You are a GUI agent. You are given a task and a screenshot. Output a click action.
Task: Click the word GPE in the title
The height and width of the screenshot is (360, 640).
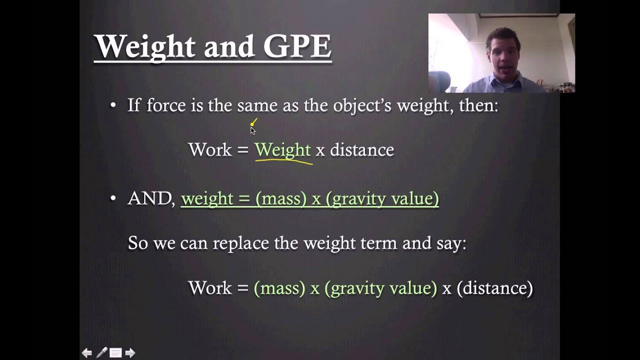point(297,46)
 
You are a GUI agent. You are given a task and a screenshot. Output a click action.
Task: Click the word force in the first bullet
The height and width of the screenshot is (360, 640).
point(166,105)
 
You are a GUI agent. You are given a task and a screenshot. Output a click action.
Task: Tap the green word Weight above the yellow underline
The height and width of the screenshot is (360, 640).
point(282,149)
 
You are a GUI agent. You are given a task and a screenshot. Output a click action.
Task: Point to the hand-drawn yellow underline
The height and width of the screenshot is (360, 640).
point(283,161)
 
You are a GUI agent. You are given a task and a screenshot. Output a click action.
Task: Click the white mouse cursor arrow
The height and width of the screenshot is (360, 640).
point(252,130)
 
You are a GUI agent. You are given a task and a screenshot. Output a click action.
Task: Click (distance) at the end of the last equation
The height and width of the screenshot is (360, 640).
point(494,288)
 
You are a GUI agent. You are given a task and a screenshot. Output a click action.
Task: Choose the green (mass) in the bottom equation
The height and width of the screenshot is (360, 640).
point(279,288)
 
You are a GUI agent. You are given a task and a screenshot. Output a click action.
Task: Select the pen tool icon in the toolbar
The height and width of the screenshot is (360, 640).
point(101,353)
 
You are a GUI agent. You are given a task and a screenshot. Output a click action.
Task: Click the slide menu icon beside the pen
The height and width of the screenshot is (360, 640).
point(115,353)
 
